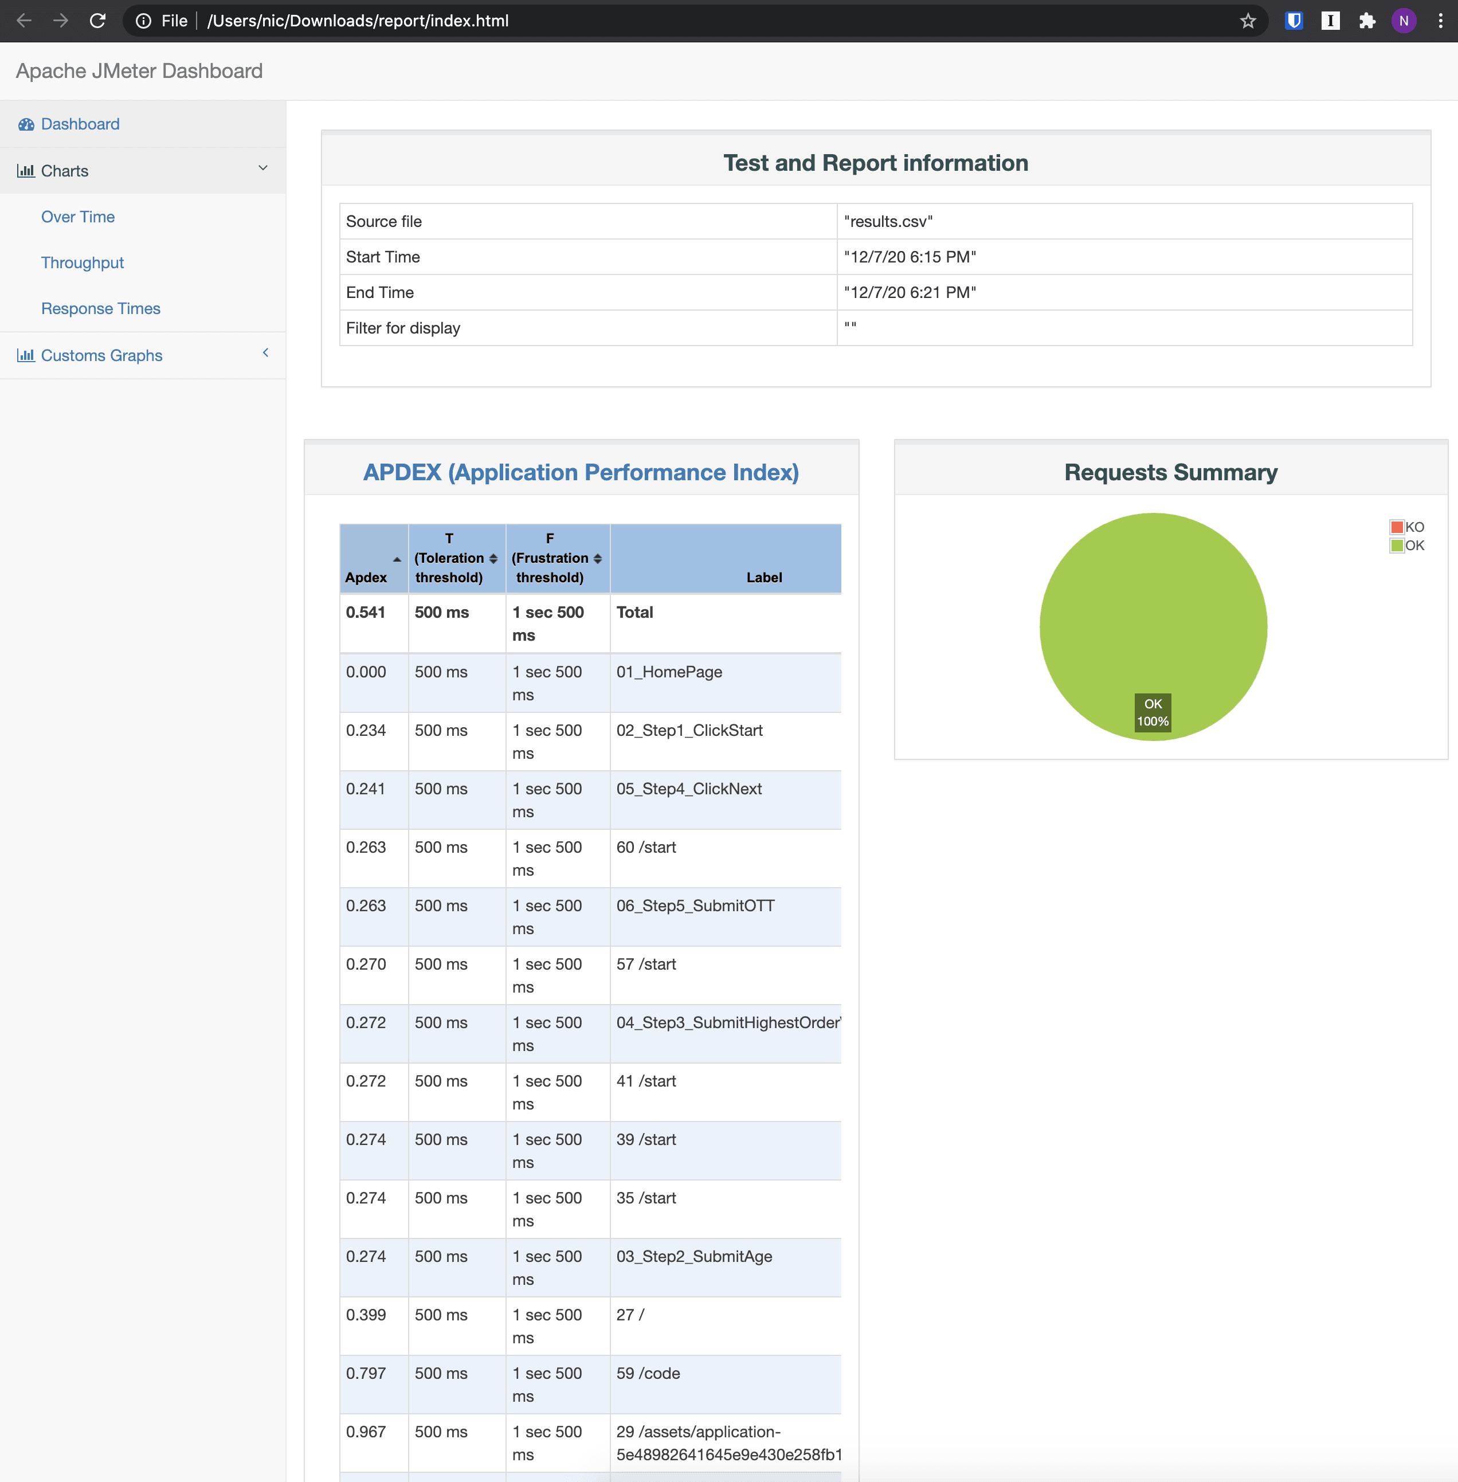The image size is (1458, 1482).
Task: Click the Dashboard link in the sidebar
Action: tap(80, 124)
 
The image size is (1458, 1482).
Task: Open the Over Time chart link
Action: tap(77, 217)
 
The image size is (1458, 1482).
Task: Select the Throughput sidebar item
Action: tap(82, 262)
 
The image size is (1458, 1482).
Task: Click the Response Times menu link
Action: tap(100, 309)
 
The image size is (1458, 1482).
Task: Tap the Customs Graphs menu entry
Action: tap(101, 355)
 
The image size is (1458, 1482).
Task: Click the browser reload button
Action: tap(97, 21)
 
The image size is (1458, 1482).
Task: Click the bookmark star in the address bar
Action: tap(1248, 21)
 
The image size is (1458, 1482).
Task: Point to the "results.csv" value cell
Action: tap(888, 221)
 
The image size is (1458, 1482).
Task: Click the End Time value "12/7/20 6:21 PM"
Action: tap(909, 293)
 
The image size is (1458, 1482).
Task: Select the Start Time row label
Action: tap(382, 257)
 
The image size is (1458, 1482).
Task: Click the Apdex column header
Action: tap(366, 577)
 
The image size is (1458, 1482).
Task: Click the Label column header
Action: tap(763, 577)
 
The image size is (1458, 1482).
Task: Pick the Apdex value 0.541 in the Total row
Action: tap(365, 612)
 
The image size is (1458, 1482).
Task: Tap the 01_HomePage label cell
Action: tap(668, 672)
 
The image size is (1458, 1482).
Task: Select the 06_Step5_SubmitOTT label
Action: tap(695, 905)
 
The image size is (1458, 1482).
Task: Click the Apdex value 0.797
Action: tap(365, 1373)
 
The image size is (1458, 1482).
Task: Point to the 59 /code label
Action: tap(648, 1373)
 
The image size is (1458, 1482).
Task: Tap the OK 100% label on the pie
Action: tap(1152, 712)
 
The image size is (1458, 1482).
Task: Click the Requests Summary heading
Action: tap(1170, 473)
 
